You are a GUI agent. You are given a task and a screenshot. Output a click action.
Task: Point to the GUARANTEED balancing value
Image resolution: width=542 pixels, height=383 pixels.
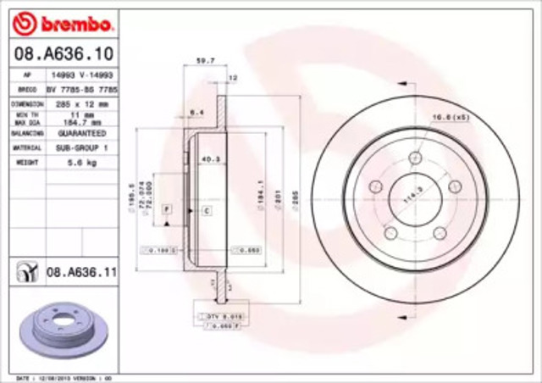pos(81,134)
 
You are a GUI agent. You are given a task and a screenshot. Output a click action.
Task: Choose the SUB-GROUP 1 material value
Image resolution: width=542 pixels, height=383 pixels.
pos(82,147)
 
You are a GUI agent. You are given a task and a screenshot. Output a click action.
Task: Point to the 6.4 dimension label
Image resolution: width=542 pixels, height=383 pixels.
pos(194,111)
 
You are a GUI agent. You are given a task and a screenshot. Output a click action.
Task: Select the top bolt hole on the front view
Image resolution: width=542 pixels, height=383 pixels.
pos(414,158)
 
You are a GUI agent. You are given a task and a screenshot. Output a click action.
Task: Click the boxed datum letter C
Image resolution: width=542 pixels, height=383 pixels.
pos(207,208)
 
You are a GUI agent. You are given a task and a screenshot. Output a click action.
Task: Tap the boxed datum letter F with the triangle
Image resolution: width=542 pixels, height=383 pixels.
pos(167,208)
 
